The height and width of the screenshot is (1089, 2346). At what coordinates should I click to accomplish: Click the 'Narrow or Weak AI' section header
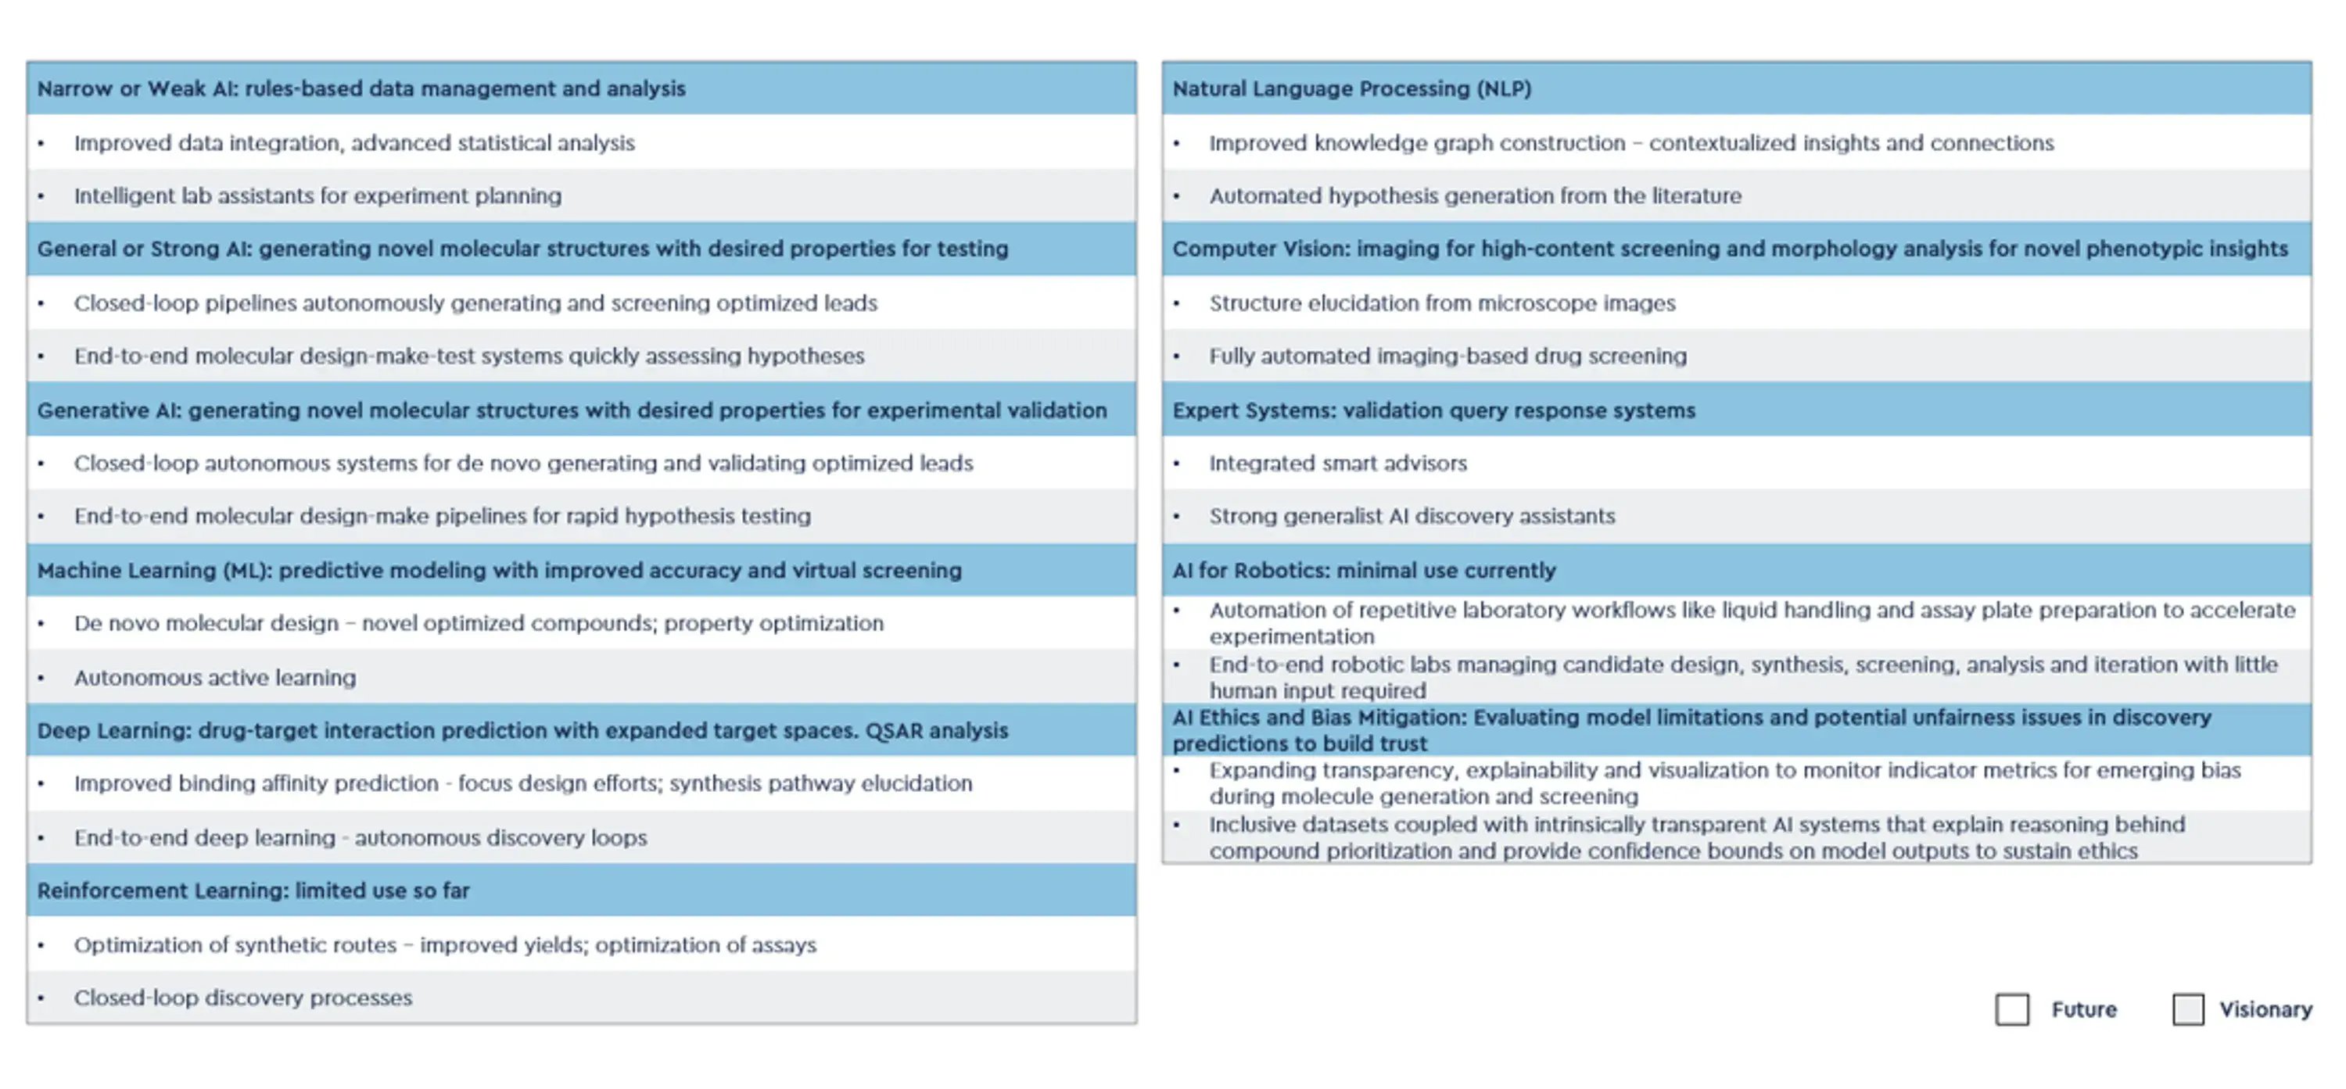click(x=361, y=88)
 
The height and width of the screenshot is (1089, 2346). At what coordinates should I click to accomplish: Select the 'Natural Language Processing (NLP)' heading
click(x=1351, y=88)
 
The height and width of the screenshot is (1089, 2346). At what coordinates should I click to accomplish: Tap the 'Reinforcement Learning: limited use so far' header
click(x=253, y=890)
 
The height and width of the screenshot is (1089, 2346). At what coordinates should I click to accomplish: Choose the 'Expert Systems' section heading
click(x=1433, y=410)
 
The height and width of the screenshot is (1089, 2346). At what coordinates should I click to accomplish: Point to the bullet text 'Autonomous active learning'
click(x=215, y=678)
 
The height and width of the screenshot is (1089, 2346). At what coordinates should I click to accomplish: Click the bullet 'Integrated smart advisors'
click(x=1338, y=463)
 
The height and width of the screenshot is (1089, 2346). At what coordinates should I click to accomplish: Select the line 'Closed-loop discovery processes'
click(x=243, y=998)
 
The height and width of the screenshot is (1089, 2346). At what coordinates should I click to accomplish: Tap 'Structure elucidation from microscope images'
click(x=1442, y=303)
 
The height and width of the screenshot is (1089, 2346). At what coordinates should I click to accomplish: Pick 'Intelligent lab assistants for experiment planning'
click(x=317, y=195)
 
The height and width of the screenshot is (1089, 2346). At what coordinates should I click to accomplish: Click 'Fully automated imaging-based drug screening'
click(x=1447, y=356)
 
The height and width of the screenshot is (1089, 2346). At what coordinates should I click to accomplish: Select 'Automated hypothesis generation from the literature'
click(x=1474, y=195)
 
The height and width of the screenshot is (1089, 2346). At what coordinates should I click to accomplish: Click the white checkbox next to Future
click(x=2012, y=1009)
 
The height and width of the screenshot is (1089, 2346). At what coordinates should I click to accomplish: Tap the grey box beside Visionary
click(x=2187, y=1009)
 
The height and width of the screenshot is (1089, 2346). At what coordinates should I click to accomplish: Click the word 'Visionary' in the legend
click(x=2265, y=1009)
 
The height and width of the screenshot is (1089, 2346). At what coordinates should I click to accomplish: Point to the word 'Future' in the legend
click(x=2084, y=1009)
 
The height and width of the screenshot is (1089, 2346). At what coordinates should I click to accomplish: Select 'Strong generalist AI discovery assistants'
click(x=1412, y=516)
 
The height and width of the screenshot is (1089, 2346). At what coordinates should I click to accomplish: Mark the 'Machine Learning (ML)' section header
click(x=499, y=570)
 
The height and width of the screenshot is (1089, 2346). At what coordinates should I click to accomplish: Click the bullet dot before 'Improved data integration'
click(x=41, y=143)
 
